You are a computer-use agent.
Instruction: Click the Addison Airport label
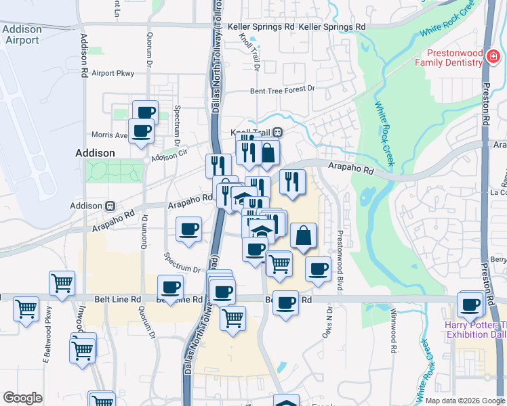tap(22, 35)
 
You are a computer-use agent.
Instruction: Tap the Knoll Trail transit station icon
tap(278, 133)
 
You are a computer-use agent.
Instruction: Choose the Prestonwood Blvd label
tap(340, 254)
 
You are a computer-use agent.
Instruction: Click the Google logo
tap(22, 398)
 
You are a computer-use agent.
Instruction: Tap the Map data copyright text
tap(465, 400)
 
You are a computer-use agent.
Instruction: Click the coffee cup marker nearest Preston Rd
tap(470, 304)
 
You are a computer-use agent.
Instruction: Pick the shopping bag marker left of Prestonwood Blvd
tap(304, 235)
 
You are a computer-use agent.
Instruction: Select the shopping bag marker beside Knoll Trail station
tap(268, 152)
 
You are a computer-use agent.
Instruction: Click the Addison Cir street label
tap(169, 155)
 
